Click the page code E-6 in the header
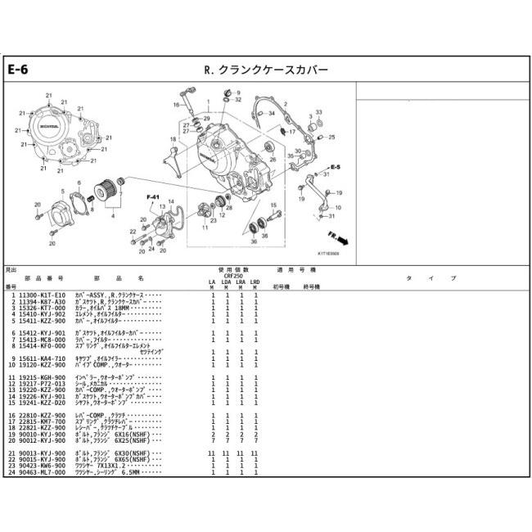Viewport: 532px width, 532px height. point(19,70)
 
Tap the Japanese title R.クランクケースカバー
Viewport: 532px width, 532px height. point(265,70)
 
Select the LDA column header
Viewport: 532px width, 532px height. point(227,282)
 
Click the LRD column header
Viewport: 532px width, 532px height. point(255,282)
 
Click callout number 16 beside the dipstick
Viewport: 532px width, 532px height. point(176,105)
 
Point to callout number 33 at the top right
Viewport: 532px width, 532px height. point(319,111)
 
